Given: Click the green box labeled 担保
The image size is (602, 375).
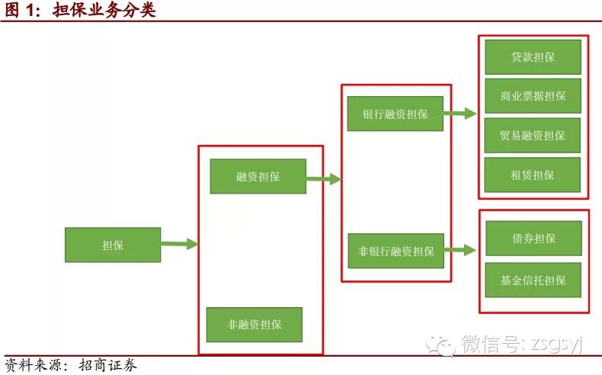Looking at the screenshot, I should (x=113, y=245).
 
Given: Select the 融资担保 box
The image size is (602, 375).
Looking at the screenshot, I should (x=258, y=176).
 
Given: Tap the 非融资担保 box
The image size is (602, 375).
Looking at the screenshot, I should (x=255, y=325).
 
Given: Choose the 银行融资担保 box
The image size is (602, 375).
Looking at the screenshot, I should (x=395, y=114).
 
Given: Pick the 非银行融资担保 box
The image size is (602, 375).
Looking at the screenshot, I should (x=395, y=251).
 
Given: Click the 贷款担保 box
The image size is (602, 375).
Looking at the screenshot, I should (x=533, y=57).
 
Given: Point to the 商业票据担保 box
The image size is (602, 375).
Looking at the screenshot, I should (x=533, y=96).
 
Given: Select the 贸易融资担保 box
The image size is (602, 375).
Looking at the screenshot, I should (x=533, y=136).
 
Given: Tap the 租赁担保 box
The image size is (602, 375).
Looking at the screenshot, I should (x=533, y=175).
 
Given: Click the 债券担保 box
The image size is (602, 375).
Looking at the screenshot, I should (x=533, y=239).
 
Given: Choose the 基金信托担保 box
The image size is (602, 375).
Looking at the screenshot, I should (x=533, y=280).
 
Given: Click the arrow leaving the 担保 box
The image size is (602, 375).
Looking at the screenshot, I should (x=179, y=244).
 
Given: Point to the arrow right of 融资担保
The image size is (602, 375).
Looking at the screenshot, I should (x=323, y=179).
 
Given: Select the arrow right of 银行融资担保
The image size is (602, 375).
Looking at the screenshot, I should (x=460, y=114).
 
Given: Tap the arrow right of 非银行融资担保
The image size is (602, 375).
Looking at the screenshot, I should (x=460, y=250).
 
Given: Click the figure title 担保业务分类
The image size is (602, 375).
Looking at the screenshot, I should (x=104, y=11).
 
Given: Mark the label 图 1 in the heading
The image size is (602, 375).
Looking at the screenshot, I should (x=23, y=11).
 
